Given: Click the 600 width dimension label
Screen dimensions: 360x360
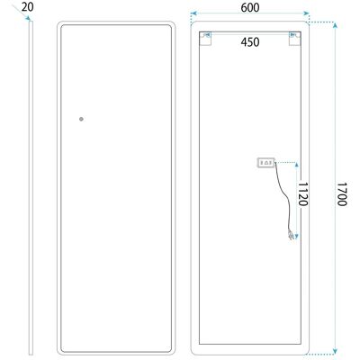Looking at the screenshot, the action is [x=250, y=8].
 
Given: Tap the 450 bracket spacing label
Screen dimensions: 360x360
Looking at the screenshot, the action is [x=250, y=42].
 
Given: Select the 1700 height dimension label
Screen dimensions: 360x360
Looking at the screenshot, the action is [x=342, y=194].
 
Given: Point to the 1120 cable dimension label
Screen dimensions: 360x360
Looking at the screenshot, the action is [x=302, y=193].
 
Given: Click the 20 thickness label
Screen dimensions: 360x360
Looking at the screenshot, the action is [x=28, y=7].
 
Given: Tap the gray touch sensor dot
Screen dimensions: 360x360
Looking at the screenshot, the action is [x=81, y=119].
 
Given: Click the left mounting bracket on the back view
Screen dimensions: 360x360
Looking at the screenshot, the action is [x=206, y=39].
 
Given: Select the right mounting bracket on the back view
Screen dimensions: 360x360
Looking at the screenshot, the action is [x=294, y=39].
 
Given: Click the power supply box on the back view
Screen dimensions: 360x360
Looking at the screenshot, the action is [x=266, y=163].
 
